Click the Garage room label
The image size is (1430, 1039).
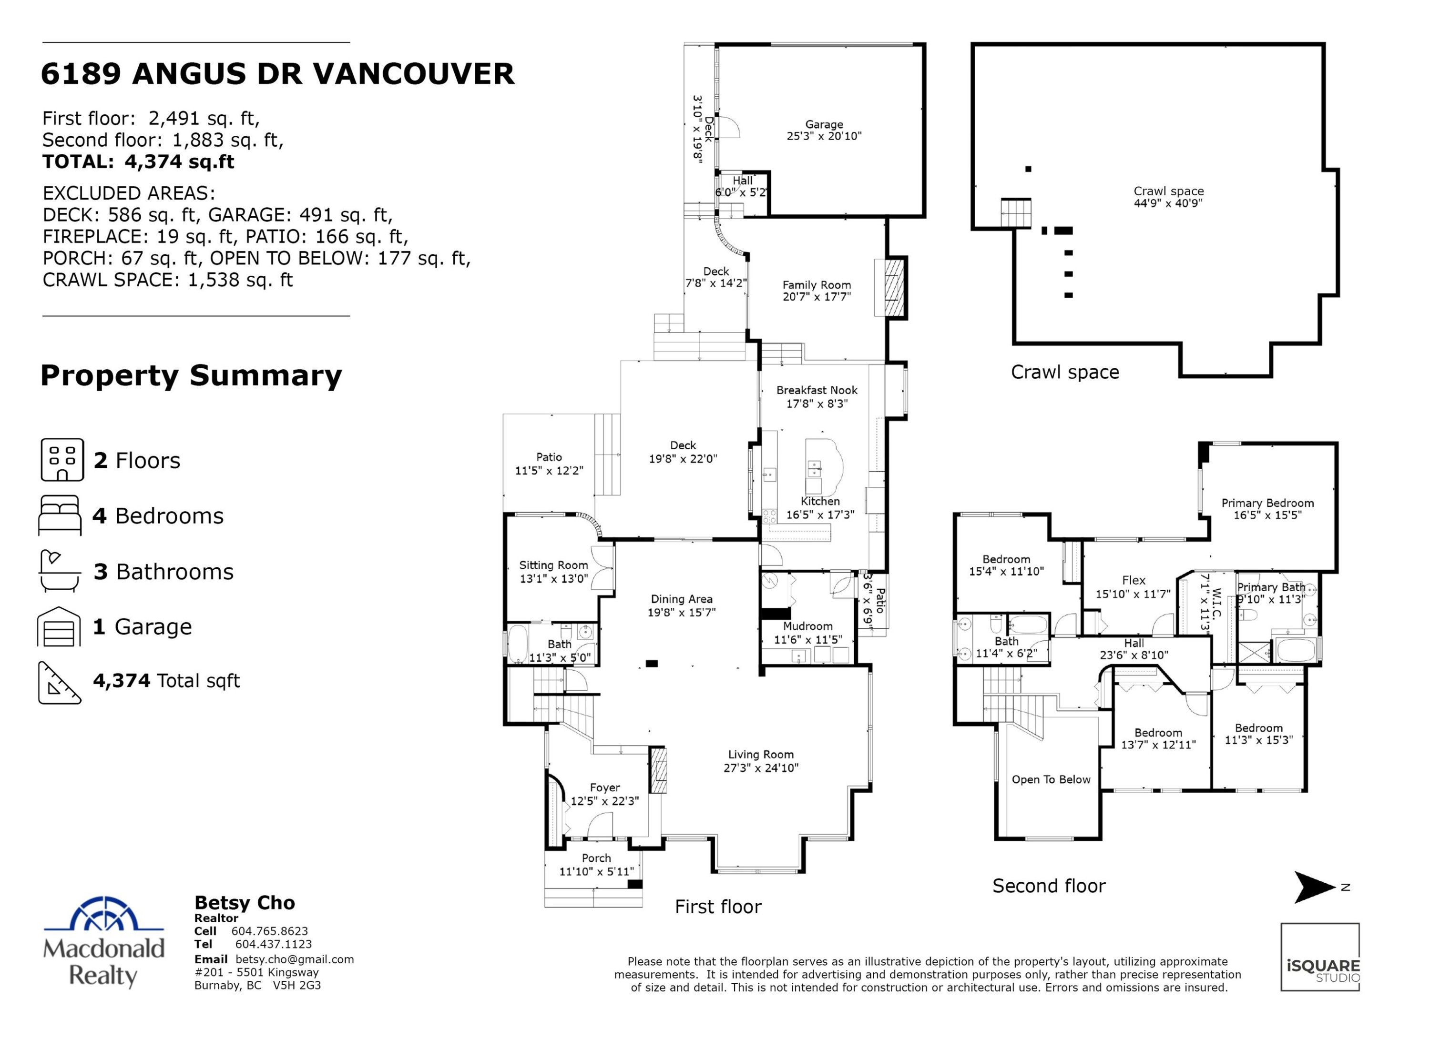pyautogui.click(x=824, y=125)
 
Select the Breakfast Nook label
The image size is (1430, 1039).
pyautogui.click(x=817, y=390)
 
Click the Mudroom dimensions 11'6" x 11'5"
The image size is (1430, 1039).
pyautogui.click(x=807, y=639)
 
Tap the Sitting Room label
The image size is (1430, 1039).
pyautogui.click(x=553, y=565)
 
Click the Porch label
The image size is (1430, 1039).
pyautogui.click(x=596, y=858)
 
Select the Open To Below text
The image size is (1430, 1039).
pyautogui.click(x=1051, y=779)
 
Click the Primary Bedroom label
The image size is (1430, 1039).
pyautogui.click(x=1267, y=503)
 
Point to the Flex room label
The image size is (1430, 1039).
pyautogui.click(x=1133, y=580)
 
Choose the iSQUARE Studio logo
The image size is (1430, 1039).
pyautogui.click(x=1320, y=957)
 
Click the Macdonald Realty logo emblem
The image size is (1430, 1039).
pyautogui.click(x=104, y=914)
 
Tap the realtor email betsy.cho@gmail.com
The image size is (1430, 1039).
pyautogui.click(x=295, y=959)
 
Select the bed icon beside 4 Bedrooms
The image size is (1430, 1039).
pyautogui.click(x=60, y=515)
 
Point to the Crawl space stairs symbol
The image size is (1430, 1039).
pyautogui.click(x=1016, y=213)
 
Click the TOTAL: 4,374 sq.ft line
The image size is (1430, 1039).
pyautogui.click(x=138, y=162)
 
